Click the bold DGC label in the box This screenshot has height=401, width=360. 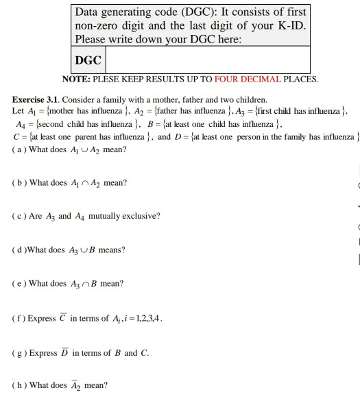pyautogui.click(x=88, y=61)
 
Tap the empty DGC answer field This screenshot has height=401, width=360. pyautogui.click(x=206, y=61)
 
